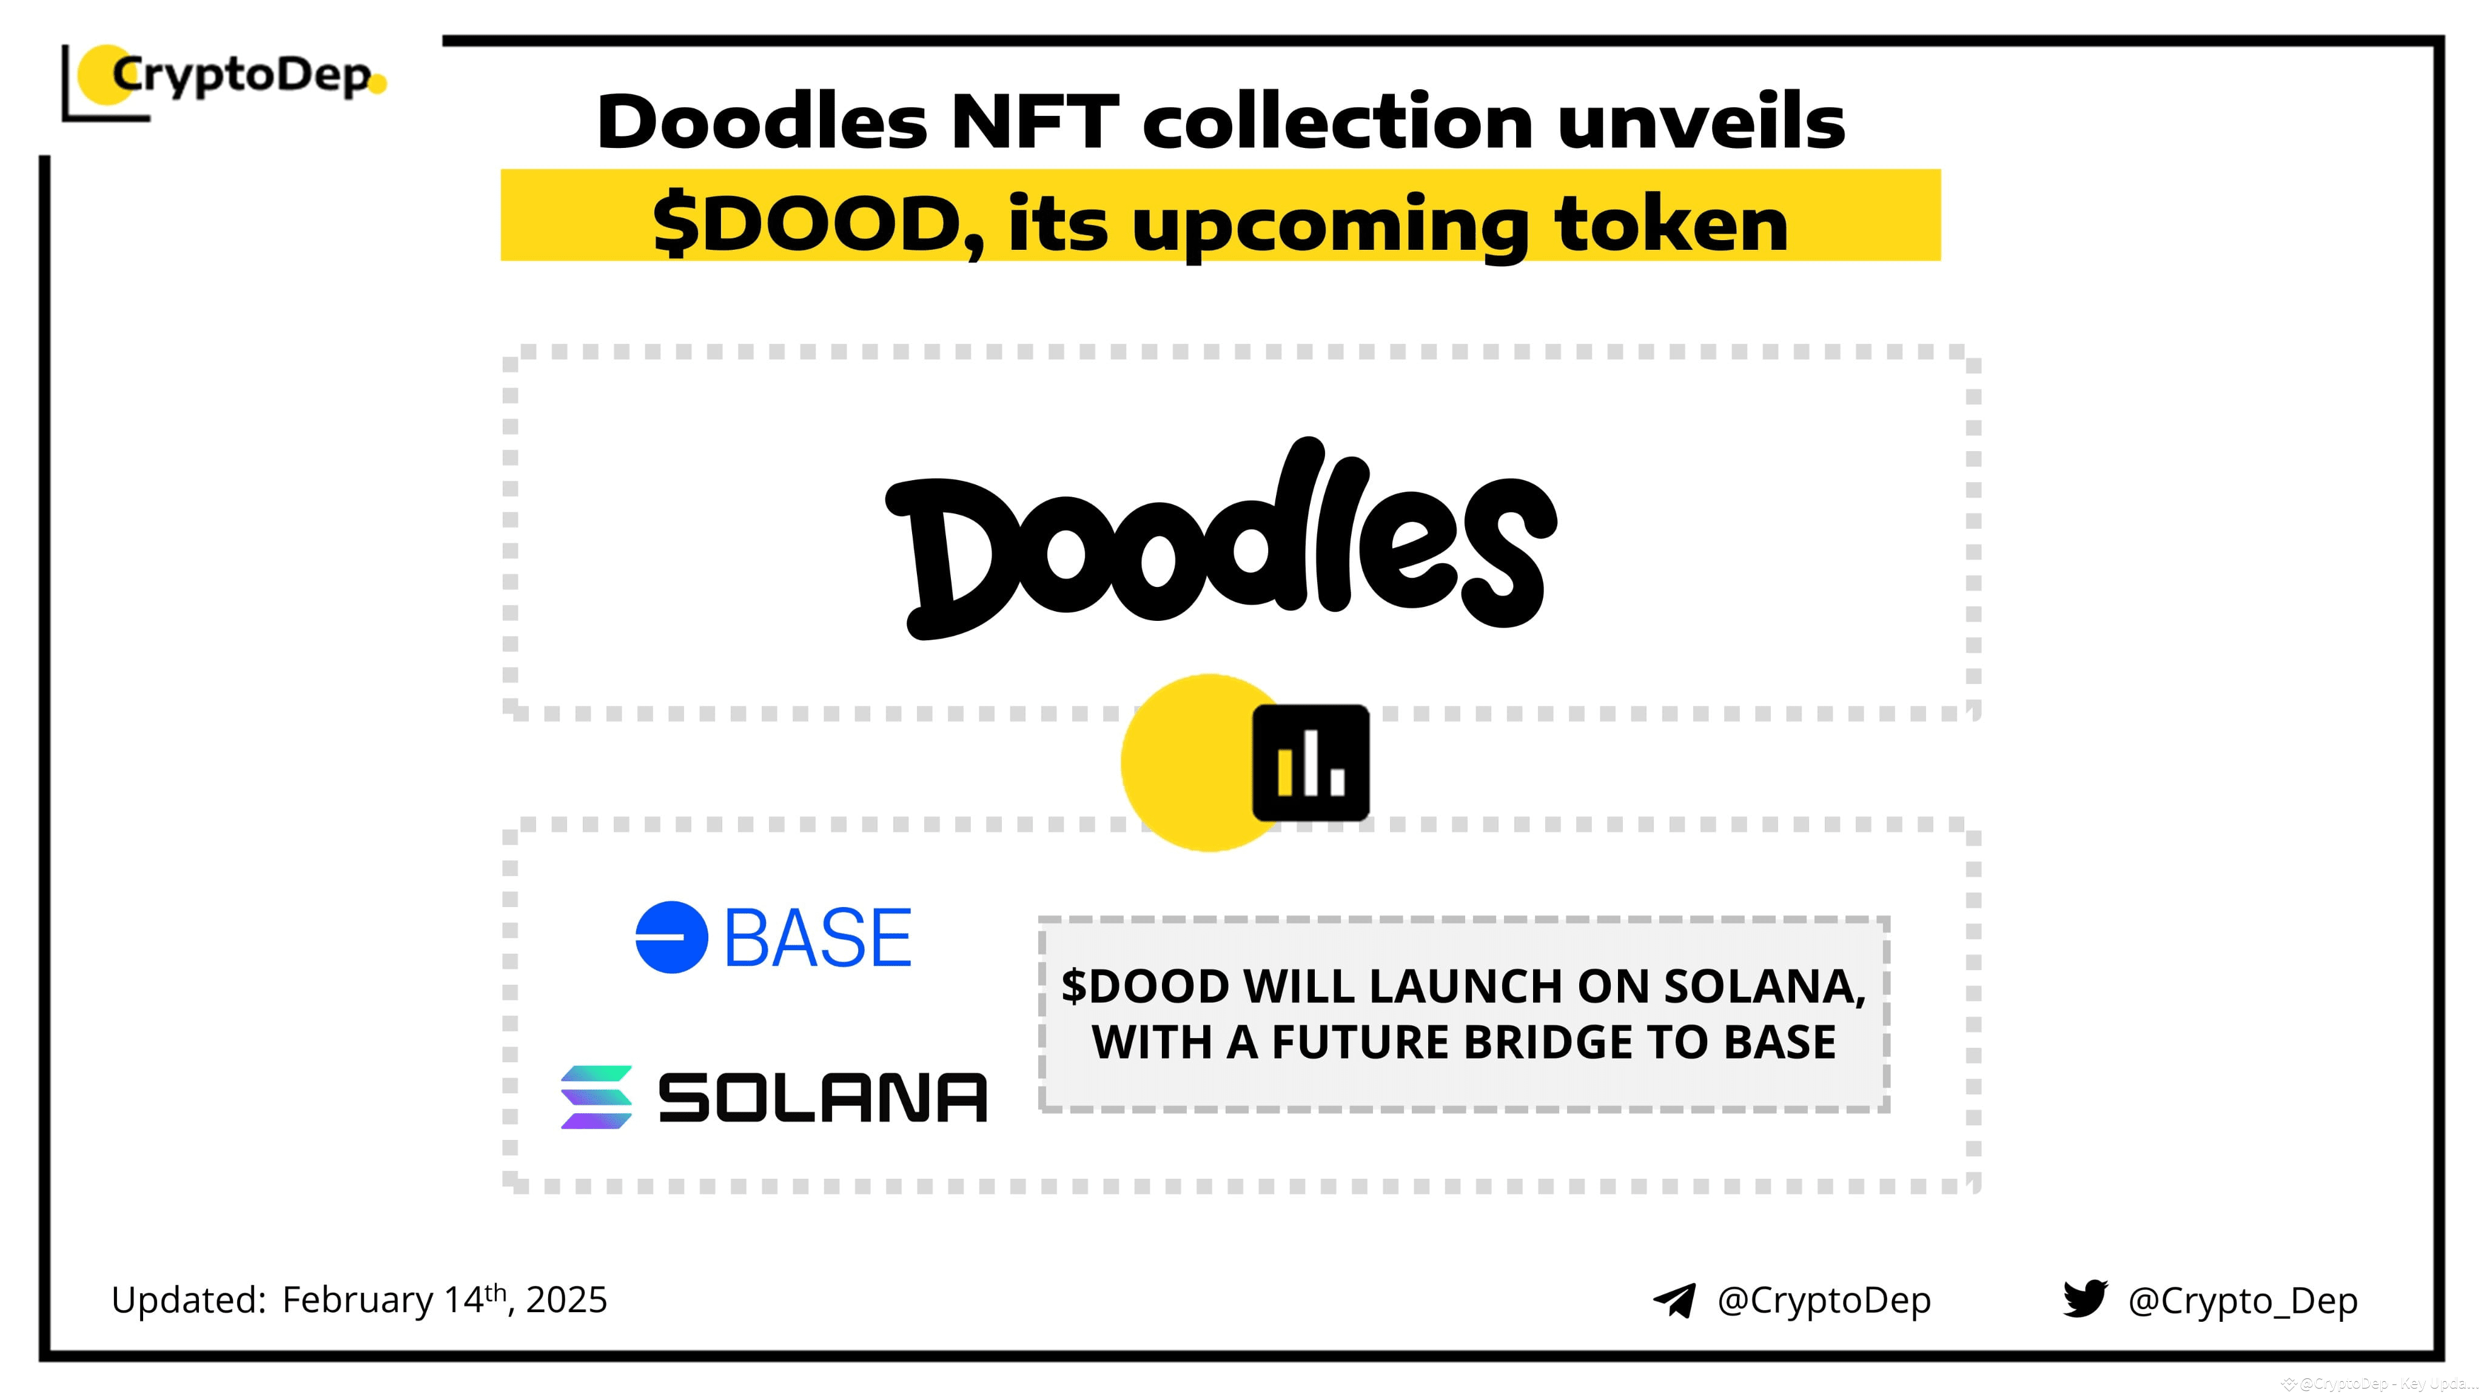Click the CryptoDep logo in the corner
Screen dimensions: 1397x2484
[227, 77]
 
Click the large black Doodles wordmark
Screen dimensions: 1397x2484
[1220, 540]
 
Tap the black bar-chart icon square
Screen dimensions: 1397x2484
[1311, 763]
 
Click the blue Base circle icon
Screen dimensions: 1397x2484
[671, 937]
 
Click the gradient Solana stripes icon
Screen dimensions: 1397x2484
[597, 1097]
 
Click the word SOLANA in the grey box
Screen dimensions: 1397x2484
[1764, 987]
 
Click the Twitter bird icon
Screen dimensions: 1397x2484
[2085, 1299]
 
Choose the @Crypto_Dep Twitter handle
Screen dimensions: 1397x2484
[2243, 1301]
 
